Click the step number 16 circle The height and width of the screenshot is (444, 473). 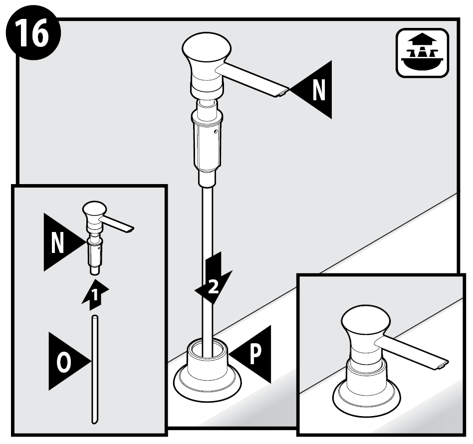coord(33,33)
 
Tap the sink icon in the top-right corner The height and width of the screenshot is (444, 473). coord(422,53)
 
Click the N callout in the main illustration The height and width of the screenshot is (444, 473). coord(311,90)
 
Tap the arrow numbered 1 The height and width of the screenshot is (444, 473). coord(95,294)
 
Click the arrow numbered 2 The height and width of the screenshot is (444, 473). coord(213,278)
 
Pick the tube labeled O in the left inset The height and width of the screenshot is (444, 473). coord(95,370)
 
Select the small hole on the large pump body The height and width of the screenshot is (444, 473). coord(216,132)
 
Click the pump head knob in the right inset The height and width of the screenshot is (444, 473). coord(366,319)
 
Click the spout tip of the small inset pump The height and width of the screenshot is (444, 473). coord(130,230)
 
